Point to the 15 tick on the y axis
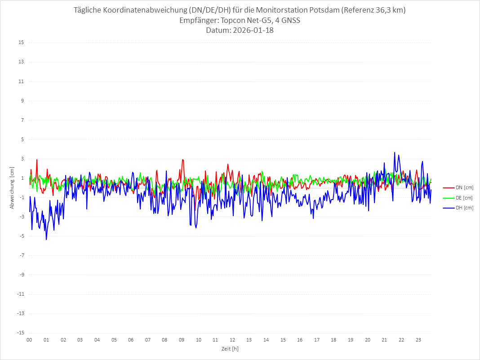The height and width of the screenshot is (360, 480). pos(21,43)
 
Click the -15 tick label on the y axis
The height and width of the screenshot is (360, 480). pos(20,333)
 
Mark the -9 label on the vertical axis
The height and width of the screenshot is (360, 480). pos(21,275)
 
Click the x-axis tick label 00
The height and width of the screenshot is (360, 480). pos(29,340)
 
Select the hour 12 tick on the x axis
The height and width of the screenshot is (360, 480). pos(232,340)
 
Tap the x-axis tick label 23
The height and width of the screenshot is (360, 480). pos(418,340)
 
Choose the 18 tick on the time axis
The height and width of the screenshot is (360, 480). pos(334,340)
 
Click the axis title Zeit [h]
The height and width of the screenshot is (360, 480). pos(230,348)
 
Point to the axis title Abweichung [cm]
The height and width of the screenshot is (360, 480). pos(12,188)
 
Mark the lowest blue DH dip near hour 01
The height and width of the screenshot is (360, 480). pos(46,240)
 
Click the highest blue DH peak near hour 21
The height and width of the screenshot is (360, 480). pos(395,152)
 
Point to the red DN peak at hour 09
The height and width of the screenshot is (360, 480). pos(182,160)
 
